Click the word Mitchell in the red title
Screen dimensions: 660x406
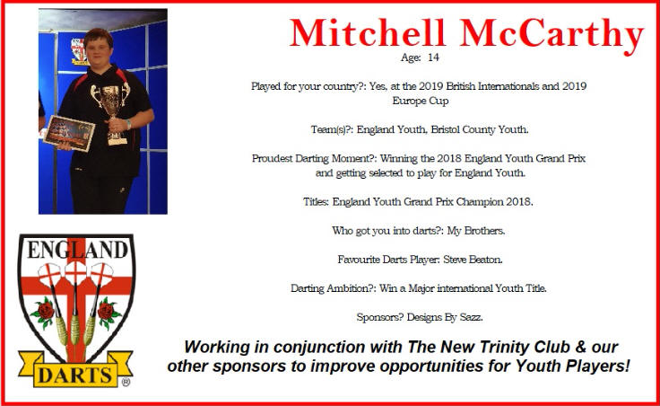click(367, 33)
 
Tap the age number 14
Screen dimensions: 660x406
click(433, 57)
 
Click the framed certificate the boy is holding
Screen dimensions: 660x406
click(69, 133)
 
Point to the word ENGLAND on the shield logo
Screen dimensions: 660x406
click(77, 250)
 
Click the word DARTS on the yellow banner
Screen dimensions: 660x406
click(75, 375)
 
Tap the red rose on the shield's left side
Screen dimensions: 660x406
click(44, 312)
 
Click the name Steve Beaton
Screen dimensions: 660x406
click(473, 260)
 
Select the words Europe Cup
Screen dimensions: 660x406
click(421, 101)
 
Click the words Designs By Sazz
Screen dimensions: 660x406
click(445, 317)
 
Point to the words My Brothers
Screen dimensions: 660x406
click(476, 231)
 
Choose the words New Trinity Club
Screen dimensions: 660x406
click(505, 347)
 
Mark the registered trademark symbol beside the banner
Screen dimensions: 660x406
click(126, 382)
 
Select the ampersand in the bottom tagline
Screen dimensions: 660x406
click(581, 347)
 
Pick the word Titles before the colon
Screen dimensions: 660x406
click(316, 202)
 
